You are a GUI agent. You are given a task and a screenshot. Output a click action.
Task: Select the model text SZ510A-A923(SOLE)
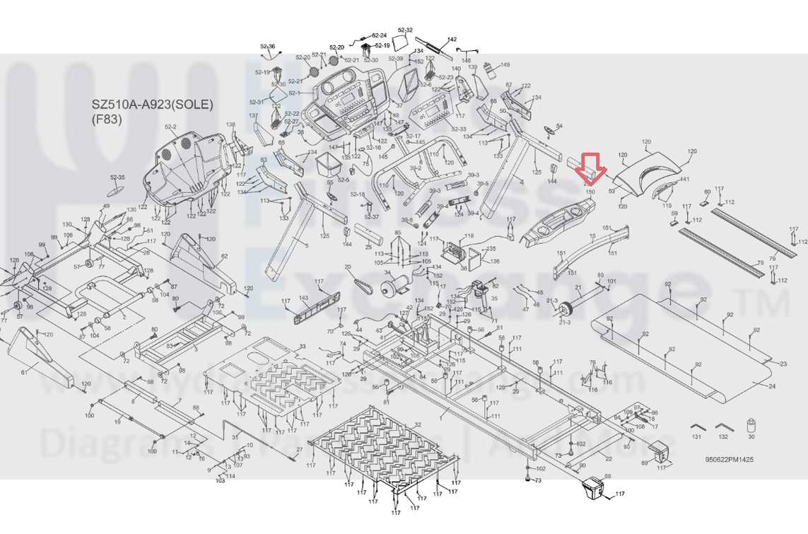(x=152, y=105)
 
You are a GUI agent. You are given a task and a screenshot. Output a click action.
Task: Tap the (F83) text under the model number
(x=107, y=119)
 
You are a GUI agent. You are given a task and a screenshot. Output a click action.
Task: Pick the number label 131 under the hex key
(x=696, y=437)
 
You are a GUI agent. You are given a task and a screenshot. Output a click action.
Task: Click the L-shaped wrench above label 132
(x=722, y=426)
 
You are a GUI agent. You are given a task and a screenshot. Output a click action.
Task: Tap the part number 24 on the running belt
(x=771, y=387)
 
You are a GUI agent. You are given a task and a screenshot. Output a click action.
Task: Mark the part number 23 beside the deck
(x=783, y=364)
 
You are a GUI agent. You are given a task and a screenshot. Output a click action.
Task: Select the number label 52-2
(x=170, y=127)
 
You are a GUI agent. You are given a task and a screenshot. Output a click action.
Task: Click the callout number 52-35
(x=117, y=178)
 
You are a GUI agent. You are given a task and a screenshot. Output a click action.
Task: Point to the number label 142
(x=452, y=40)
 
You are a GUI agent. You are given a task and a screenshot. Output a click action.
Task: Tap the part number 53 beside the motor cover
(x=611, y=191)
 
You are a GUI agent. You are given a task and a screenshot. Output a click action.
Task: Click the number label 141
(x=684, y=180)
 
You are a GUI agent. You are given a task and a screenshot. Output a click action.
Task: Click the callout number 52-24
(x=379, y=35)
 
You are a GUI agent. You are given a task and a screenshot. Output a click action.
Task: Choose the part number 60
(x=707, y=192)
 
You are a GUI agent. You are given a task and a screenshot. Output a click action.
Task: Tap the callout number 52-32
(x=405, y=30)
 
